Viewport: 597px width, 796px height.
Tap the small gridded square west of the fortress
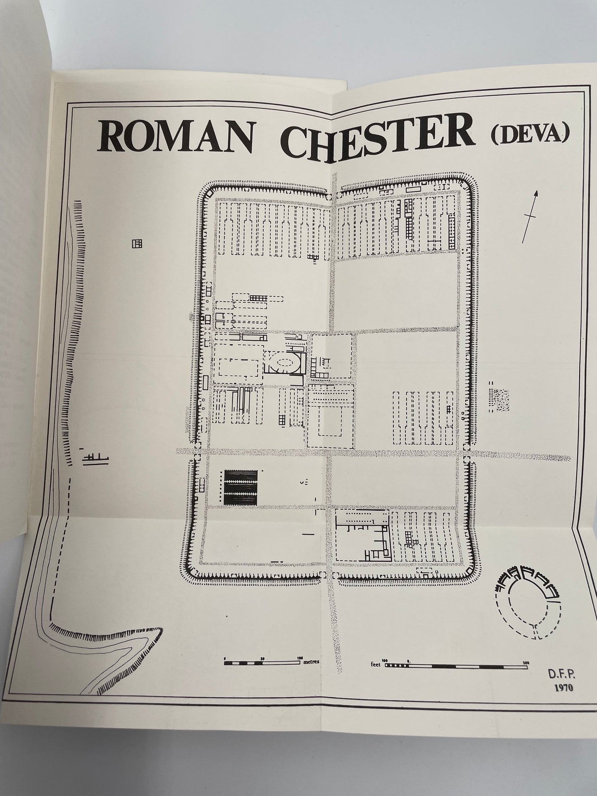137,244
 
